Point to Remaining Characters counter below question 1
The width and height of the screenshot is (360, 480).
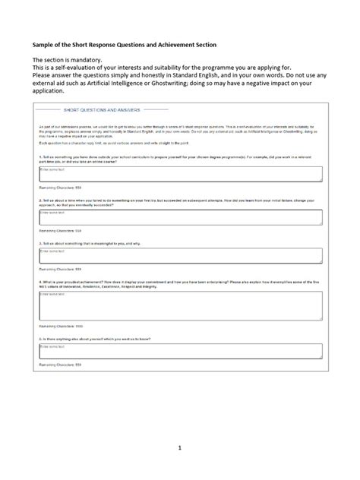[x=59, y=186]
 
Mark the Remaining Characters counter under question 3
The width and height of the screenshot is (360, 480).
[x=59, y=268]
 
